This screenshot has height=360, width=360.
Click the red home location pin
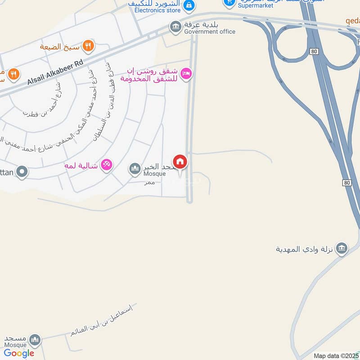coord(180,162)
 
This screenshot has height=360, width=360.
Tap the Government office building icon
coord(175,27)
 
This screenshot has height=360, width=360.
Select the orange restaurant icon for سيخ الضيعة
coord(88,45)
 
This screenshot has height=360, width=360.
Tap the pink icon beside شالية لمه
coord(106,165)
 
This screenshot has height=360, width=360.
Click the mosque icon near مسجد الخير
coord(135,169)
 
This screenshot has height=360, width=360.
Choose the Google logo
coord(19,353)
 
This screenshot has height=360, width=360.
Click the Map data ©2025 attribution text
coord(336,356)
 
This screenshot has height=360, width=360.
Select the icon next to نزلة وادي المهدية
coord(342,248)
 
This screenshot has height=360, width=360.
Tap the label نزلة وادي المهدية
coord(306,249)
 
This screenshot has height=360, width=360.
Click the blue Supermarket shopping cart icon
coord(229,3)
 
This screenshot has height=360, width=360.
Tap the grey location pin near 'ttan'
coord(22,171)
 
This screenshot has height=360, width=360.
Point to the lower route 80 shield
coord(346,182)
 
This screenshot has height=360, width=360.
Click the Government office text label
coord(210,31)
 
